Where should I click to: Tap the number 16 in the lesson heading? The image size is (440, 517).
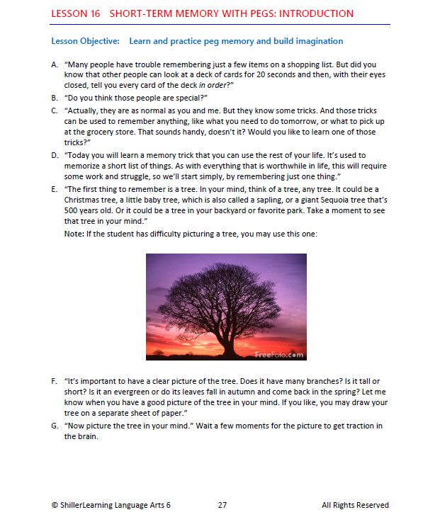pos(94,13)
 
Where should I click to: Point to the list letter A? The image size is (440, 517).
pos(55,64)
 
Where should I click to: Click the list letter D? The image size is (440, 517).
pos(55,154)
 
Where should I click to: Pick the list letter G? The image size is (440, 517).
pos(55,426)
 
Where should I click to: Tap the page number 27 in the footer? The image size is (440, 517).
pos(222,505)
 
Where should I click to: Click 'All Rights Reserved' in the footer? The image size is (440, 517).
pos(354,505)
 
